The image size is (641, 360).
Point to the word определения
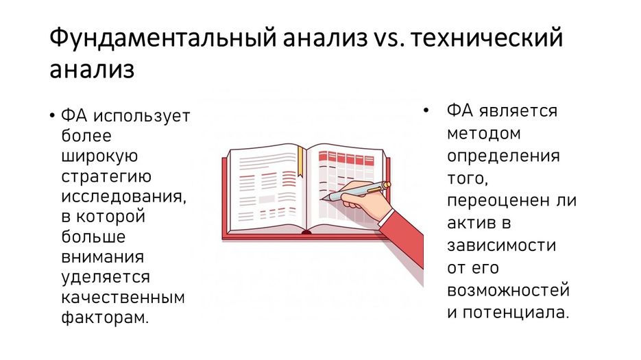(503, 156)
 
